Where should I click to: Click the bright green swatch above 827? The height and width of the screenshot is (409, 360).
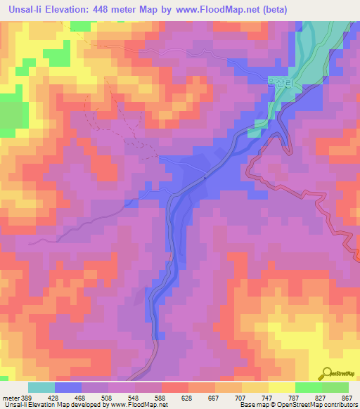[x=309, y=387]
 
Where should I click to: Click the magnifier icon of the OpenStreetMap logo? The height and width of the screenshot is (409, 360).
[x=328, y=372]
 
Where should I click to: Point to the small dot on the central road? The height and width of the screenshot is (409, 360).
[x=205, y=177]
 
